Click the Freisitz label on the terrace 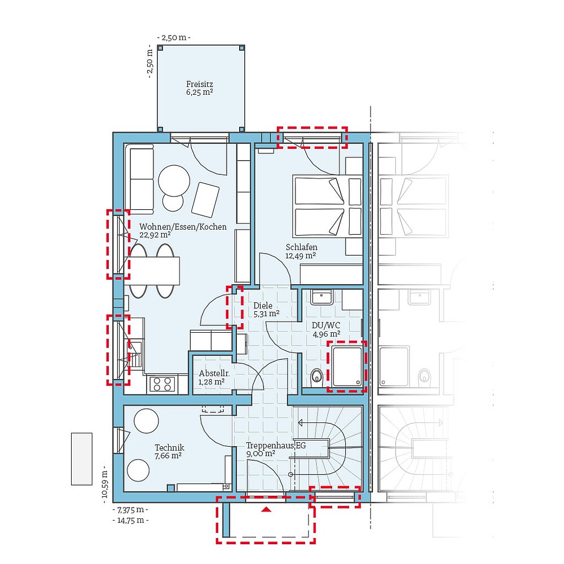pos(200,84)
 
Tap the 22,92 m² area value pos(155,235)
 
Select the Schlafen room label pos(301,247)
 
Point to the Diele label pos(263,306)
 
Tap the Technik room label pos(169,448)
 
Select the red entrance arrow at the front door pos(266,509)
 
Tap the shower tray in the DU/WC pos(346,366)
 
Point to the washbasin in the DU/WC pos(323,297)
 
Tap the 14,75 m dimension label pos(131,520)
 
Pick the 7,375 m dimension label pos(131,509)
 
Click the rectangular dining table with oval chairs pos(156,271)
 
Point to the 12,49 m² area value pos(300,255)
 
